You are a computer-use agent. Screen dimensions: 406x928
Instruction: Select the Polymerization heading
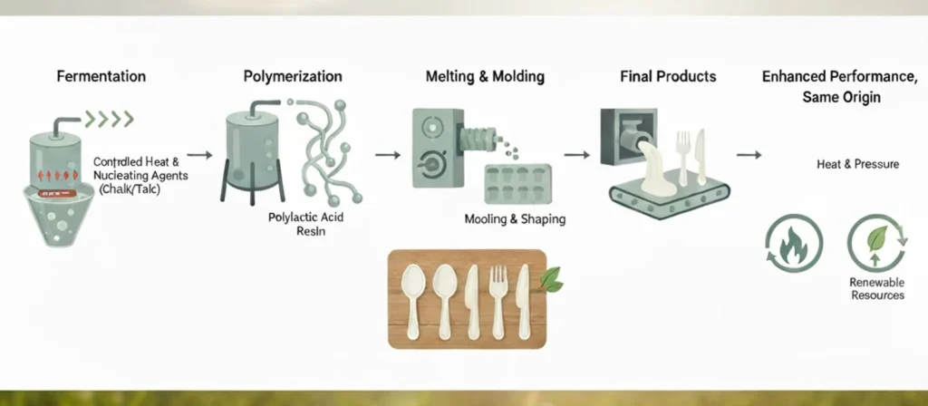[x=293, y=76]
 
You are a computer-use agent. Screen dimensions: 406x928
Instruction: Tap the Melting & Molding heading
[x=485, y=76]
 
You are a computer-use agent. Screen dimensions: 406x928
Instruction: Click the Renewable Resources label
[x=876, y=289]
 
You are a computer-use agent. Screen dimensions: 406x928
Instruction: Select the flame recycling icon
[x=794, y=244]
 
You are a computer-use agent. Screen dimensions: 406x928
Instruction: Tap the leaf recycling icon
[x=876, y=240]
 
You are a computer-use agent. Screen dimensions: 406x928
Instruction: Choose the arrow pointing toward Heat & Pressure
[x=748, y=156]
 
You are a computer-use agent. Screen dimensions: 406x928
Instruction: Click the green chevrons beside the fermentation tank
[x=110, y=118]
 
